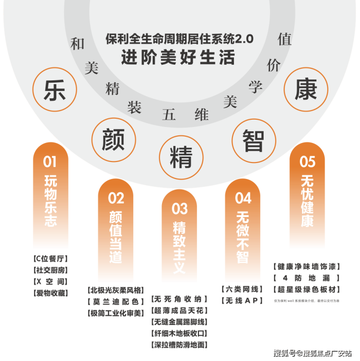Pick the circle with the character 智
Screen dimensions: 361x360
(x=253, y=140)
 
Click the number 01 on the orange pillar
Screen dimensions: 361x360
(x=50, y=162)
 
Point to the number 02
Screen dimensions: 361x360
(x=116, y=198)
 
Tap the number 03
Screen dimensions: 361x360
(x=180, y=209)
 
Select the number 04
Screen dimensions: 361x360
(x=243, y=198)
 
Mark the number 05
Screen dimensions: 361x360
(x=307, y=162)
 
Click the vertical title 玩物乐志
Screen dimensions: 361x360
(x=50, y=200)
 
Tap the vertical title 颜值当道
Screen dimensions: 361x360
(x=116, y=237)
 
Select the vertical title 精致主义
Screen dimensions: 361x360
(x=180, y=248)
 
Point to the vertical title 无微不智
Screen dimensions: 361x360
(x=243, y=237)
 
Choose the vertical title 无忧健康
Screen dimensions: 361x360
(x=307, y=200)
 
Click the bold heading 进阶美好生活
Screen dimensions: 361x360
(x=178, y=57)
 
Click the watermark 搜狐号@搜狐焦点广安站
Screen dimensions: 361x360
(x=312, y=352)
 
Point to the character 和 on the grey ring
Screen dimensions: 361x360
(x=77, y=44)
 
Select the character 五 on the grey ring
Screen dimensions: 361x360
(x=169, y=115)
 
